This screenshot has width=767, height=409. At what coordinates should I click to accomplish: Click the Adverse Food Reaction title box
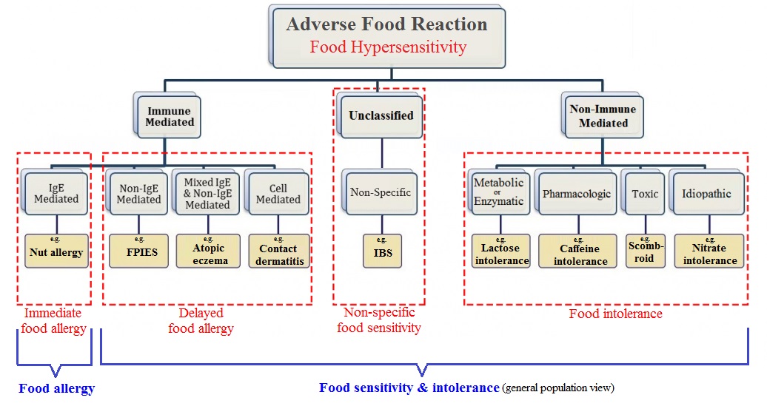pos(387,35)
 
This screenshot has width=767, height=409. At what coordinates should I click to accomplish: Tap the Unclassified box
pos(381,115)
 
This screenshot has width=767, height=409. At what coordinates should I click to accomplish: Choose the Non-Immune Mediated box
pos(603,116)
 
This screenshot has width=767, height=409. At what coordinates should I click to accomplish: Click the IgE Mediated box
pos(56,193)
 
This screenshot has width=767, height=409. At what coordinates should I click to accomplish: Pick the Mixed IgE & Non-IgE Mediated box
pos(207,194)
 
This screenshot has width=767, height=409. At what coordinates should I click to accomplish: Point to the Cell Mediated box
pos(278,194)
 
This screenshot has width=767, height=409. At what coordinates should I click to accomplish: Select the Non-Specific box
pos(381,193)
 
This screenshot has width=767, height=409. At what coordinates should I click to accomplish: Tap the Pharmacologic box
pos(577,194)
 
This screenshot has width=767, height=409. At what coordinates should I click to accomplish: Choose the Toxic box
pos(645,194)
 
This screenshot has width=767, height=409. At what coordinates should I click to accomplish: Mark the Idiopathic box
pos(706,194)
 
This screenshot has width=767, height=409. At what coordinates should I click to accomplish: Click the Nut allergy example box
pos(56,251)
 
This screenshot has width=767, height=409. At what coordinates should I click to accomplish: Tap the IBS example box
pos(383,251)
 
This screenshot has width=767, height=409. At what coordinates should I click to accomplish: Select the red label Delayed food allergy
pos(201,321)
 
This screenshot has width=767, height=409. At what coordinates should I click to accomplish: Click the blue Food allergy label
pos(57,388)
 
